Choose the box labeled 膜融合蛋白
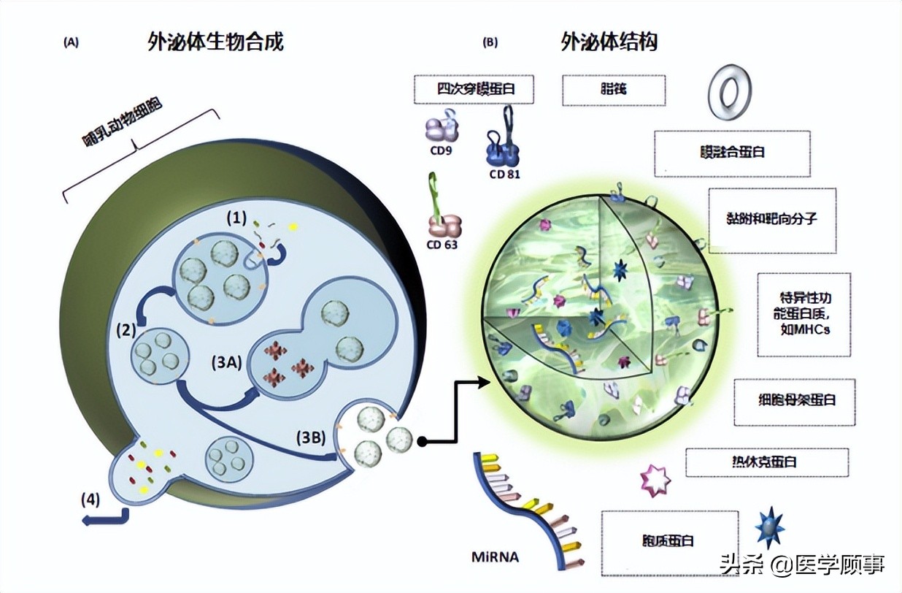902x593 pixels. click(x=732, y=153)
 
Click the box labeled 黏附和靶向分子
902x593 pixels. click(x=772, y=220)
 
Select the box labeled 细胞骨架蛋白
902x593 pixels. click(x=794, y=401)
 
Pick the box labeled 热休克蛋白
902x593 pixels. click(x=766, y=462)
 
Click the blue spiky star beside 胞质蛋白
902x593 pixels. click(x=769, y=526)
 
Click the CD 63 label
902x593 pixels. click(x=442, y=245)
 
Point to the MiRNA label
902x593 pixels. click(x=495, y=557)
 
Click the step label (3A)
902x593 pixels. click(x=227, y=361)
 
